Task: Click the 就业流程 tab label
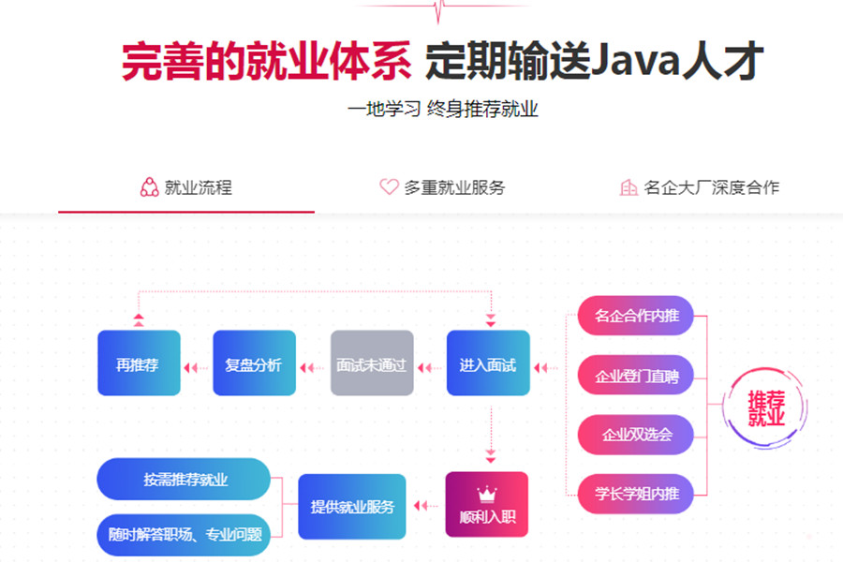pyautogui.click(x=198, y=187)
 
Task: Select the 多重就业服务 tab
pyautogui.click(x=454, y=187)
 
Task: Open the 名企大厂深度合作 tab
pyautogui.click(x=711, y=187)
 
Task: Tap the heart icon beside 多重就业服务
pyautogui.click(x=389, y=187)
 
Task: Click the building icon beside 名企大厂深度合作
pyautogui.click(x=629, y=187)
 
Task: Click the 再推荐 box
pyautogui.click(x=139, y=363)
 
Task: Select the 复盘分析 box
pyautogui.click(x=254, y=363)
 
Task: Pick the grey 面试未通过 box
pyautogui.click(x=371, y=363)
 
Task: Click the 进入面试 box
pyautogui.click(x=488, y=363)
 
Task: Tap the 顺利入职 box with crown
pyautogui.click(x=486, y=504)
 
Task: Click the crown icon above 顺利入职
pyautogui.click(x=486, y=493)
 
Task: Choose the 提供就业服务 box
pyautogui.click(x=352, y=507)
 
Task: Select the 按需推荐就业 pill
pyautogui.click(x=184, y=479)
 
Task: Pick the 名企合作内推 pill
pyautogui.click(x=636, y=316)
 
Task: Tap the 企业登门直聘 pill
pyautogui.click(x=636, y=375)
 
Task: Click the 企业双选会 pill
pyautogui.click(x=636, y=434)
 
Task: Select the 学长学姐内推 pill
pyautogui.click(x=636, y=493)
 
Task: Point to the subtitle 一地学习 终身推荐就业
pyautogui.click(x=443, y=109)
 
